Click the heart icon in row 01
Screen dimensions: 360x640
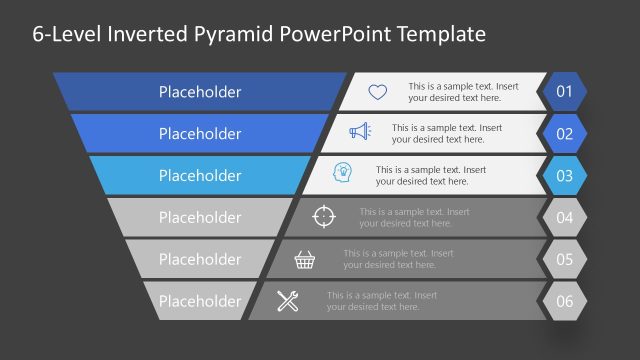tap(377, 92)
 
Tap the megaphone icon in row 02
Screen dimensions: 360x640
tap(360, 133)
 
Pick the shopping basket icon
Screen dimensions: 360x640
tap(306, 260)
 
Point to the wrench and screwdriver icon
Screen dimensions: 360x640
tap(288, 301)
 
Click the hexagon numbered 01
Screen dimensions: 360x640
tap(564, 92)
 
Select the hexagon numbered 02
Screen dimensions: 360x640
tap(564, 134)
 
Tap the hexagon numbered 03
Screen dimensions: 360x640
tap(564, 176)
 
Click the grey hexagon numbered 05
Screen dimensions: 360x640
tap(564, 260)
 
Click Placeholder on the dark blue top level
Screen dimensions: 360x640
tap(200, 92)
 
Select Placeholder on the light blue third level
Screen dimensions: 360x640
tap(200, 176)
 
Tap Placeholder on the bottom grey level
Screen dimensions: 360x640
tap(200, 301)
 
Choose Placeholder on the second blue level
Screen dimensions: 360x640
tap(200, 134)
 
